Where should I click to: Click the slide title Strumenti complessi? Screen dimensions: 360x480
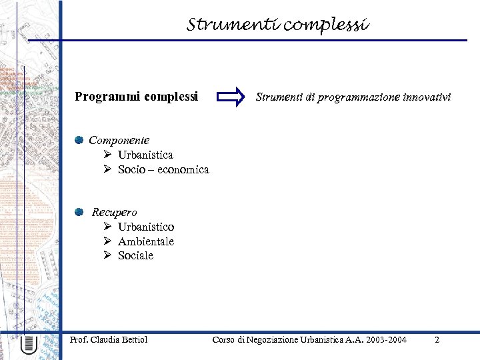coord(277,25)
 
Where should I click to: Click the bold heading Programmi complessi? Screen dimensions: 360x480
coord(137,97)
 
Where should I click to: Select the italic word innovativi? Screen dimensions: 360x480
coord(427,97)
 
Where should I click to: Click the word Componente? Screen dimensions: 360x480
coord(119,140)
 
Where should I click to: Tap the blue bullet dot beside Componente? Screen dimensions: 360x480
coord(79,140)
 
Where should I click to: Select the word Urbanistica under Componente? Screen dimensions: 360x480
coord(145,155)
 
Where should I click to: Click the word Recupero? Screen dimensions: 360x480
coord(114,212)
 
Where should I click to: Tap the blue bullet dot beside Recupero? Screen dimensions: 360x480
coord(79,212)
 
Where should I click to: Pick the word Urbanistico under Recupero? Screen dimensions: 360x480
coord(146,227)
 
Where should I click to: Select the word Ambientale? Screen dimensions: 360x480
coord(146,241)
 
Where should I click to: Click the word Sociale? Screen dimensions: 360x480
coord(135,255)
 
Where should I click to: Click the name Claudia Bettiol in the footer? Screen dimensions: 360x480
coord(119,340)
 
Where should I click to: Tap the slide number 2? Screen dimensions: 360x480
coord(437,340)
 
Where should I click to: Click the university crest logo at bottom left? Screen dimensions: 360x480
coord(29,345)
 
